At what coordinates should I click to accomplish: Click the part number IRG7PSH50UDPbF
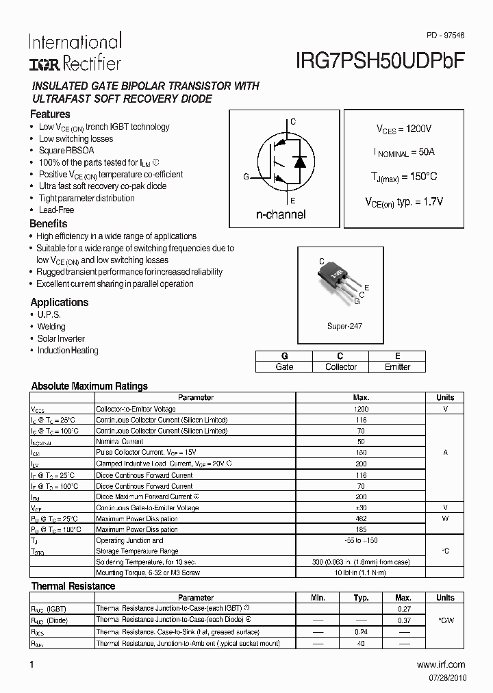381,60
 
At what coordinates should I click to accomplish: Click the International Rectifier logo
75,52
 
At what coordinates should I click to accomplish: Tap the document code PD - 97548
445,35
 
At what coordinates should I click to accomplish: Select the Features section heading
50,114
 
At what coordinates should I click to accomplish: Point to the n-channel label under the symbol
281,214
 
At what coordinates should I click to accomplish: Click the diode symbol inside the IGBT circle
299,162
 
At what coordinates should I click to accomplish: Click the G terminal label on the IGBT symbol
246,177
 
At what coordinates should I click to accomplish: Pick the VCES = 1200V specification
403,129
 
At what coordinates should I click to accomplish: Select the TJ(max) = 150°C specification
403,177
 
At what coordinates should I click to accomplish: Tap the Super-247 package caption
344,326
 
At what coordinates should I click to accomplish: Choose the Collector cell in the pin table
340,367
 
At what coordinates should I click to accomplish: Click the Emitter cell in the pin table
397,367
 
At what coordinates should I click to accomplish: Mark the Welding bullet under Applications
51,327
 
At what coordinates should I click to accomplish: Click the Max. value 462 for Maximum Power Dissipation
361,519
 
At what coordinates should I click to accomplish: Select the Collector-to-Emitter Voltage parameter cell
136,409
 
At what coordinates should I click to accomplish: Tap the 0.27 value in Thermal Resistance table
403,609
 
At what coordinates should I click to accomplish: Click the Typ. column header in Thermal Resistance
361,598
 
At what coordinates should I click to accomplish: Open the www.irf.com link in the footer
440,664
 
